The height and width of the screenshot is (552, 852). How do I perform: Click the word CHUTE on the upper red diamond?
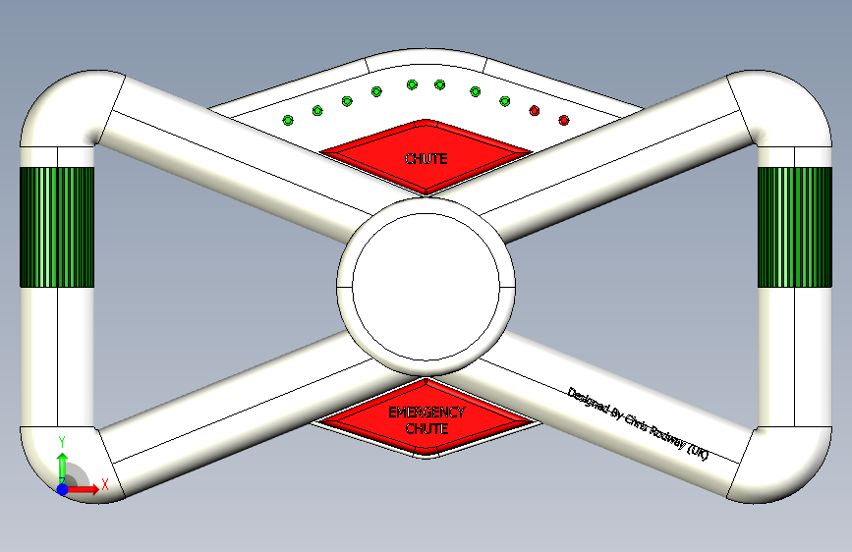coord(426,158)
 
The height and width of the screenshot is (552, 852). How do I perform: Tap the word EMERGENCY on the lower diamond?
coord(426,414)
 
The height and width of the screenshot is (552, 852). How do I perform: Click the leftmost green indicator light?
coord(288,120)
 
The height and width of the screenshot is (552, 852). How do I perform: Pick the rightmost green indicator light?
coord(504,101)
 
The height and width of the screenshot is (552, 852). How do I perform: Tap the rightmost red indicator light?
coord(564,120)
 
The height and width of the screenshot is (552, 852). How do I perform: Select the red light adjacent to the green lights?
coord(535,110)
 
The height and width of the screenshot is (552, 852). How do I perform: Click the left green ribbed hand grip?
coord(57,227)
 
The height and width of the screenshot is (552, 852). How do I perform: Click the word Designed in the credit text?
coord(588,401)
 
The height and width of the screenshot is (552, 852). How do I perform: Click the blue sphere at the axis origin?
coord(62,488)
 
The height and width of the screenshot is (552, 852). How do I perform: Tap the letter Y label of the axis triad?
coord(62,441)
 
